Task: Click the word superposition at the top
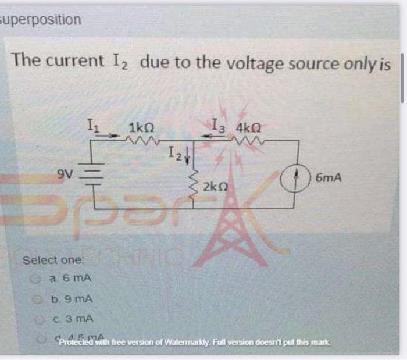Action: point(41,20)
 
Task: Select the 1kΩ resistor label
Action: point(141,127)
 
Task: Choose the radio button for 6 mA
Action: point(35,280)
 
